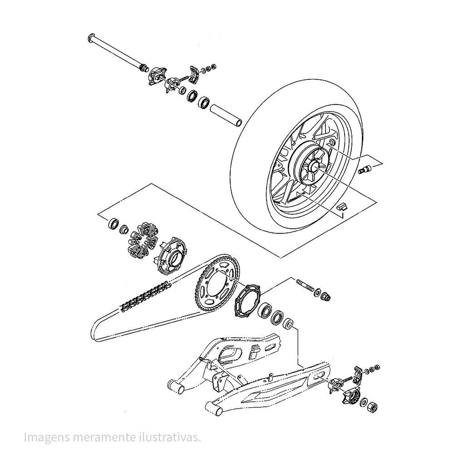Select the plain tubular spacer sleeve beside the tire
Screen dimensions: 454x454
(226, 115)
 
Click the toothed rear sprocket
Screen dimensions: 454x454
(217, 283)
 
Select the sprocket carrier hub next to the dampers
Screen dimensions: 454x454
(172, 255)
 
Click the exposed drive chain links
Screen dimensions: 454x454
(146, 296)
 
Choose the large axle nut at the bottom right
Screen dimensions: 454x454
(372, 408)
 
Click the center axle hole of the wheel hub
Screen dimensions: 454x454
(315, 166)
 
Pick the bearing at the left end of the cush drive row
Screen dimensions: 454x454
(113, 222)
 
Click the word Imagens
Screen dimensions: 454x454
(47, 438)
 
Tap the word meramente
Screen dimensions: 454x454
(106, 438)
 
